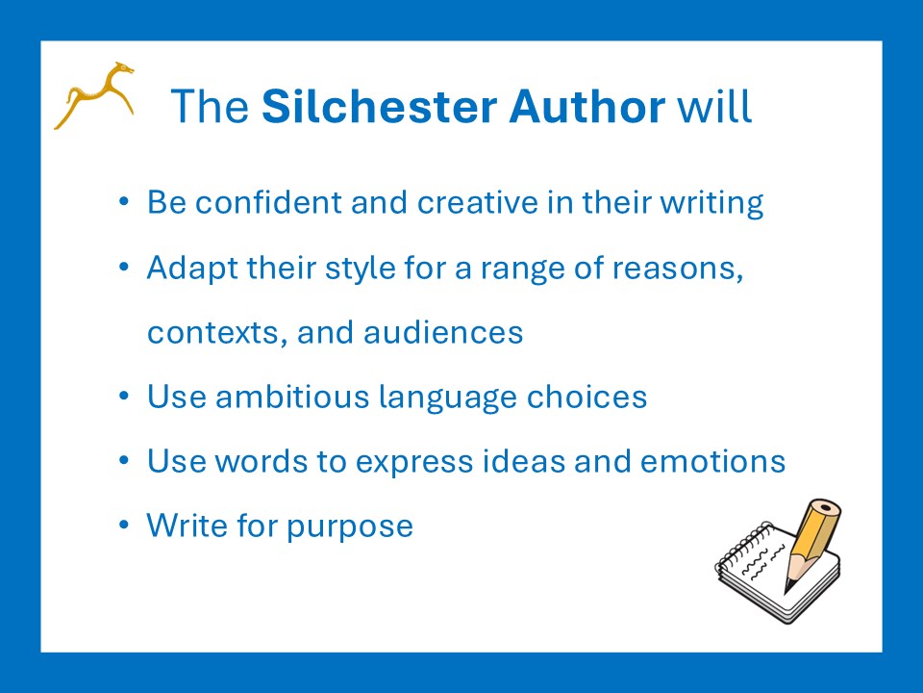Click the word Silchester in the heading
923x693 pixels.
(380, 106)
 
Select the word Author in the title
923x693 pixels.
(586, 106)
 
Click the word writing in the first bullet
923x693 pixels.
(711, 203)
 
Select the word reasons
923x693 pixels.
(678, 269)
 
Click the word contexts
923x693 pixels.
(217, 332)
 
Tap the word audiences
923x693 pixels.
(443, 332)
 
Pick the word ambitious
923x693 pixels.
(292, 396)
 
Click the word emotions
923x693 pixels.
(712, 461)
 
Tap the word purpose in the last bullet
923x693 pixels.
(350, 527)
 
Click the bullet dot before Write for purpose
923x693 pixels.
(124, 524)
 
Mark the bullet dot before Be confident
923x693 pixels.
(124, 201)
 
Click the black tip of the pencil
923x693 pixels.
(787, 587)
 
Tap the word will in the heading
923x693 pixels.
(714, 106)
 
